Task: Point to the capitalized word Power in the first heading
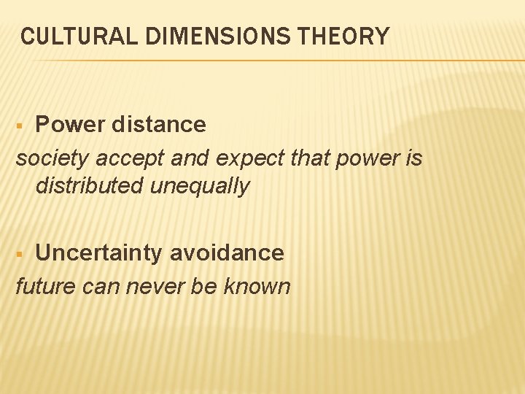tap(69, 125)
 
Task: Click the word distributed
tap(89, 186)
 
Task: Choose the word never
tap(157, 286)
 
